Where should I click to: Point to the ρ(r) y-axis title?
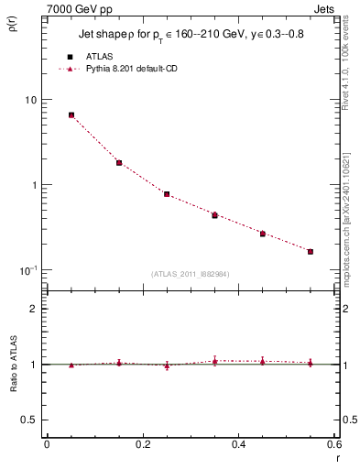click(13, 23)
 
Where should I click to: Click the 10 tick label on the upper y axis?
click(32, 99)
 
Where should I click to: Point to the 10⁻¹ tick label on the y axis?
click(30, 270)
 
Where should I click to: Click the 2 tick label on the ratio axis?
click(35, 309)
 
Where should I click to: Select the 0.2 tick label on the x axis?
click(142, 444)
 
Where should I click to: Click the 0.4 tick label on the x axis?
click(238, 444)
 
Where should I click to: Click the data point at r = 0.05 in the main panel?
click(71, 115)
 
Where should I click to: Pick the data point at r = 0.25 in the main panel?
click(167, 194)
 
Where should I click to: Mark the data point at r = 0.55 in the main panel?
click(311, 251)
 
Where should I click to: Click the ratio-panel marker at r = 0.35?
click(214, 361)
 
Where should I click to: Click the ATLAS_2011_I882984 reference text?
click(191, 274)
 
